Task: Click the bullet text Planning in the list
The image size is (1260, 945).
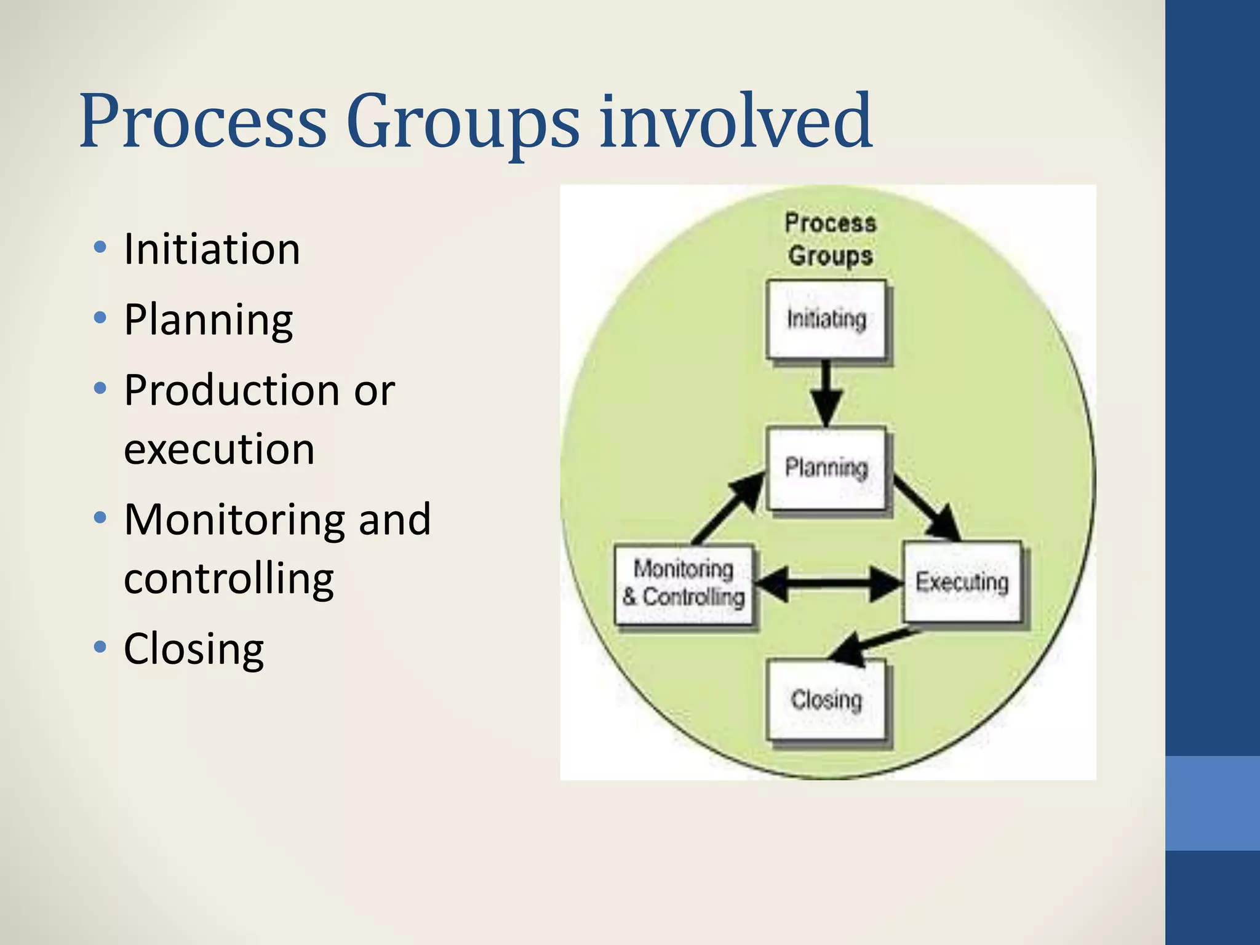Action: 209,321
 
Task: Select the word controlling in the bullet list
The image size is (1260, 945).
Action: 228,579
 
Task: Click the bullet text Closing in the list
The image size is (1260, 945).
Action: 194,649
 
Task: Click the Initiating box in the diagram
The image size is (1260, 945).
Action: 826,319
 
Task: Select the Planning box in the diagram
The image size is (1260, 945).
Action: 826,469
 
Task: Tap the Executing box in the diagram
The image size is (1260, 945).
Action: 962,582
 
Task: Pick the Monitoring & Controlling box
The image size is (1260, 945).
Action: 684,584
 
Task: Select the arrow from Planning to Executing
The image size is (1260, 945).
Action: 926,508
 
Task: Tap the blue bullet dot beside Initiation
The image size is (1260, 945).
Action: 100,248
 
